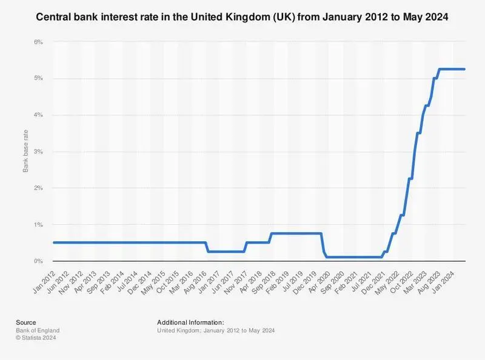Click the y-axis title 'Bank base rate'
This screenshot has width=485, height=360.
(x=25, y=152)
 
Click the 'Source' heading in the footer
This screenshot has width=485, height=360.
(x=26, y=322)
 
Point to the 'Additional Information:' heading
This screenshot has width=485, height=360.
(x=190, y=322)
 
